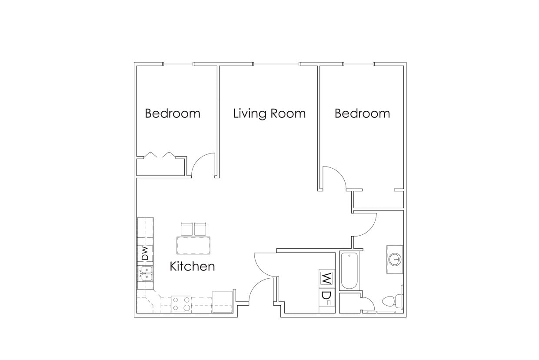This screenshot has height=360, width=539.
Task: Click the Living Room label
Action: pyautogui.click(x=269, y=113)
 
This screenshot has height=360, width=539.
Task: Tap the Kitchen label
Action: pyautogui.click(x=192, y=266)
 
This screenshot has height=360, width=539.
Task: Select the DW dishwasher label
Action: pyautogui.click(x=145, y=253)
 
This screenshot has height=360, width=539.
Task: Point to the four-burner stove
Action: pyautogui.click(x=181, y=303)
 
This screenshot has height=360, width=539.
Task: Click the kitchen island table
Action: pyautogui.click(x=193, y=245)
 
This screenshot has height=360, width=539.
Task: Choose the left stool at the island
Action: pyautogui.click(x=186, y=229)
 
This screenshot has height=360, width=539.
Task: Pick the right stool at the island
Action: pyautogui.click(x=200, y=229)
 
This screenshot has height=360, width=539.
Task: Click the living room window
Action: pyautogui.click(x=276, y=64)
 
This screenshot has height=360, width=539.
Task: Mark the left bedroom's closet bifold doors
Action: pyautogui.click(x=160, y=154)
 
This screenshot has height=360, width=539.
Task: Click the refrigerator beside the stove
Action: pyautogui.click(x=223, y=302)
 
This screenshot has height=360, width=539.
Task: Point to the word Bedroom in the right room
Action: pyautogui.click(x=362, y=113)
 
